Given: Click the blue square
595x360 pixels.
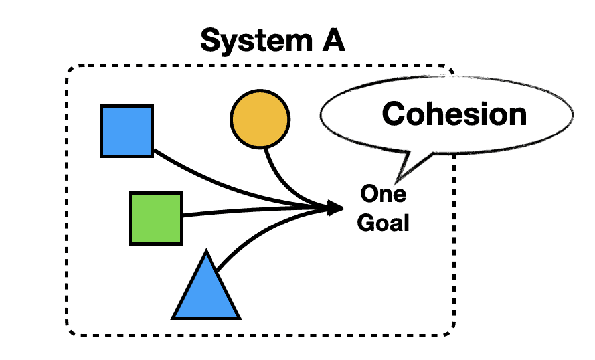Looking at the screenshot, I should (127, 131).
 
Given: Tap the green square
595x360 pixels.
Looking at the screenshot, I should (156, 218).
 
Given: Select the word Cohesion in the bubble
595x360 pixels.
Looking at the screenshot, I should (454, 114).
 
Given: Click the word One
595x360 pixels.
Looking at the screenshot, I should (383, 195).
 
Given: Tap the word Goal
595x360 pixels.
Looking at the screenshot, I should (383, 222).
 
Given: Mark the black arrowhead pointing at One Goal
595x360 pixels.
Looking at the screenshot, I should (334, 209).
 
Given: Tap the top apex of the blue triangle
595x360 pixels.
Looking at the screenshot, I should (207, 252).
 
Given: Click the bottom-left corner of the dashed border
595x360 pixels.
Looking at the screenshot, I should (69, 331).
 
